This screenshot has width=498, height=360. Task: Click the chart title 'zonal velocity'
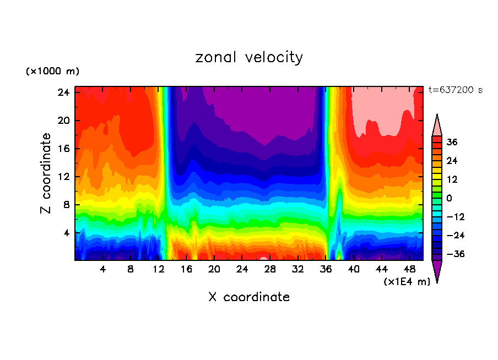click(249, 57)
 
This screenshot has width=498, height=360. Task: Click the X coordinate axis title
click(249, 297)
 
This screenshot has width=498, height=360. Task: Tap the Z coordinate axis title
click(46, 173)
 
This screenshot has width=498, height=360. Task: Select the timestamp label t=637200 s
click(455, 90)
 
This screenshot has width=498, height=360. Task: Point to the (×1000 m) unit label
click(53, 72)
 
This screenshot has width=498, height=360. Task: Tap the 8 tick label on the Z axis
click(66, 205)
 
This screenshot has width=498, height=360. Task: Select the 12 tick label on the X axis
click(159, 270)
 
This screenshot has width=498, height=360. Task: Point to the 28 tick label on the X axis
click(270, 270)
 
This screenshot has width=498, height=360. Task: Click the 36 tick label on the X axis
click(326, 270)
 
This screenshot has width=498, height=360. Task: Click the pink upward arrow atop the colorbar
click(437, 126)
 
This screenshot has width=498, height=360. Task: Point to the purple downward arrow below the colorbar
click(437, 271)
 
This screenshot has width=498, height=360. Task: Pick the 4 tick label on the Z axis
click(66, 233)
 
